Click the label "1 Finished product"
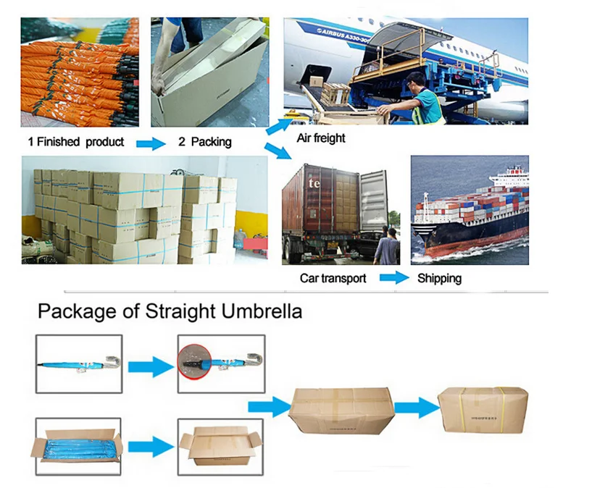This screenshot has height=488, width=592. pos(75,141)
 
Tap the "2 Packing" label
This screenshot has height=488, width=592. pos(204,142)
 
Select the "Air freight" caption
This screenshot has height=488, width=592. pos(321,138)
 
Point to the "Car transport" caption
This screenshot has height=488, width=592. pos(333,278)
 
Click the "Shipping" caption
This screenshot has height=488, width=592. pos(439,278)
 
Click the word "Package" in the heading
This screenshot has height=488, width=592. pos(76,313)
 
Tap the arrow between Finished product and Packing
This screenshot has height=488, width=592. pos(151,143)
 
